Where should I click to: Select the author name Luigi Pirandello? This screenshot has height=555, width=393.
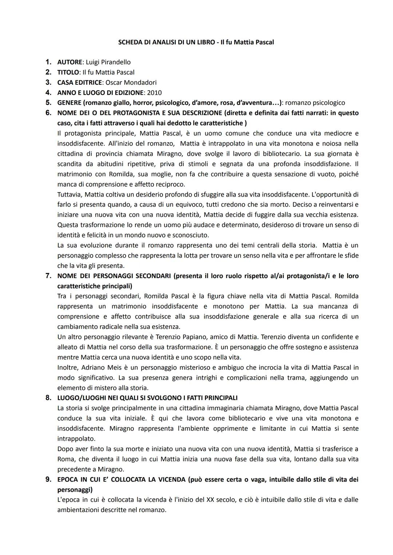108,62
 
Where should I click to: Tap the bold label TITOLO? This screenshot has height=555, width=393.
68,72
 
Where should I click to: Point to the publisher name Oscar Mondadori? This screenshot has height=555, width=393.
131,83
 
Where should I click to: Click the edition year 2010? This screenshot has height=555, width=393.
154,93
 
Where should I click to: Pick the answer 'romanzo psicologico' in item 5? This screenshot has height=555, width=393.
315,103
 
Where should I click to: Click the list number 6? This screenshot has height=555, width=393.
48,113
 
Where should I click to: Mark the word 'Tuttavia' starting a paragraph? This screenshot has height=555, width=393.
70,194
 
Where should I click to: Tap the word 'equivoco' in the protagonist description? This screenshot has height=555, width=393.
182,205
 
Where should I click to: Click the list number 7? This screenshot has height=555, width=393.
48,276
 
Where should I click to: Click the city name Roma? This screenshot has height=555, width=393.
65,459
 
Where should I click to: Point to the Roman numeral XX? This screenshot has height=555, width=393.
210,500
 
